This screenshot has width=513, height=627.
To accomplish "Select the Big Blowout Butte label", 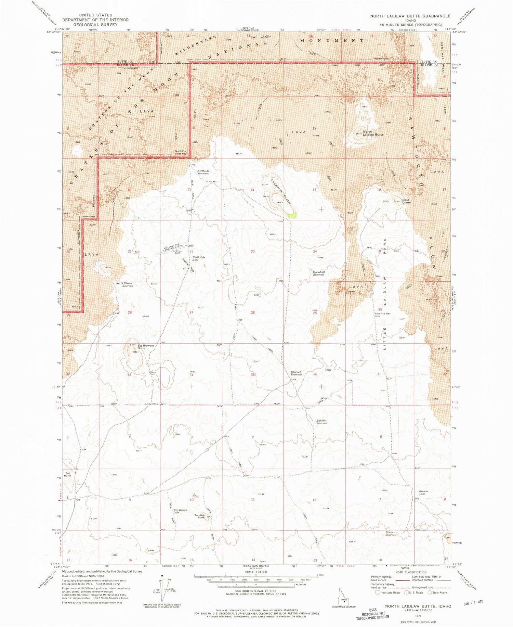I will [146, 347].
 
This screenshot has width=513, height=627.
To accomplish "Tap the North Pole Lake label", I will [198, 258].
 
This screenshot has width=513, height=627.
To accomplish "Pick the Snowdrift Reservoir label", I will [319, 273].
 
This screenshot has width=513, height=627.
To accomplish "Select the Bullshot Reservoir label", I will [322, 422].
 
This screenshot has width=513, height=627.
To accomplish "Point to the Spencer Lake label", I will [423, 492].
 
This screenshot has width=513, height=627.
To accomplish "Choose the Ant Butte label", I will [67, 474].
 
